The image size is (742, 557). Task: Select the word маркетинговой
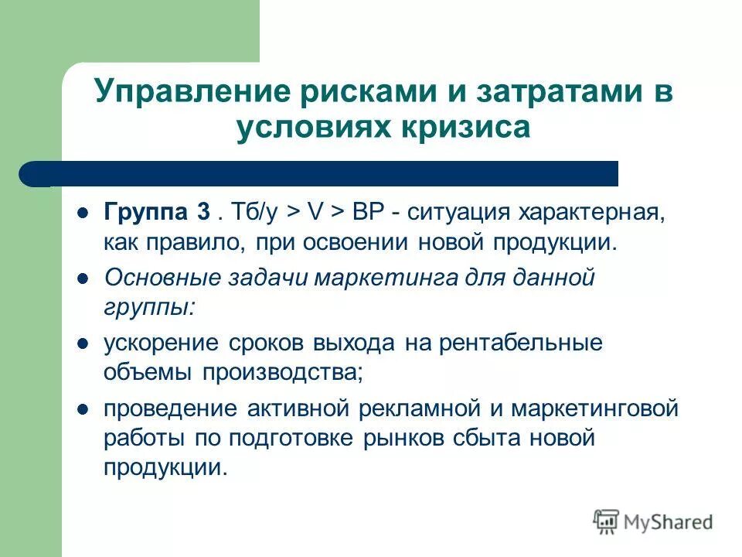[601, 408]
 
